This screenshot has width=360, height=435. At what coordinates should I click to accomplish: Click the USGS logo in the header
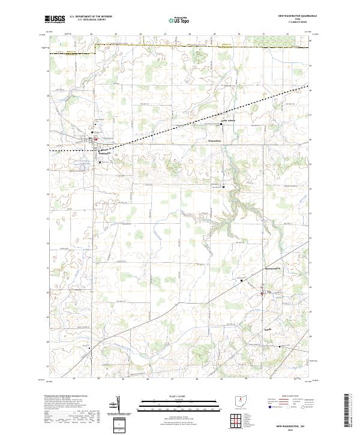tap(55, 19)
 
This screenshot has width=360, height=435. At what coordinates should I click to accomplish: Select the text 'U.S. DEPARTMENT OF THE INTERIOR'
tap(91, 17)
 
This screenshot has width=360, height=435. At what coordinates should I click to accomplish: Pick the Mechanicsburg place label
tap(273, 268)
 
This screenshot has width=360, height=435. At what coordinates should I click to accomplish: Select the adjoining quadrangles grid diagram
tap(238, 421)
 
